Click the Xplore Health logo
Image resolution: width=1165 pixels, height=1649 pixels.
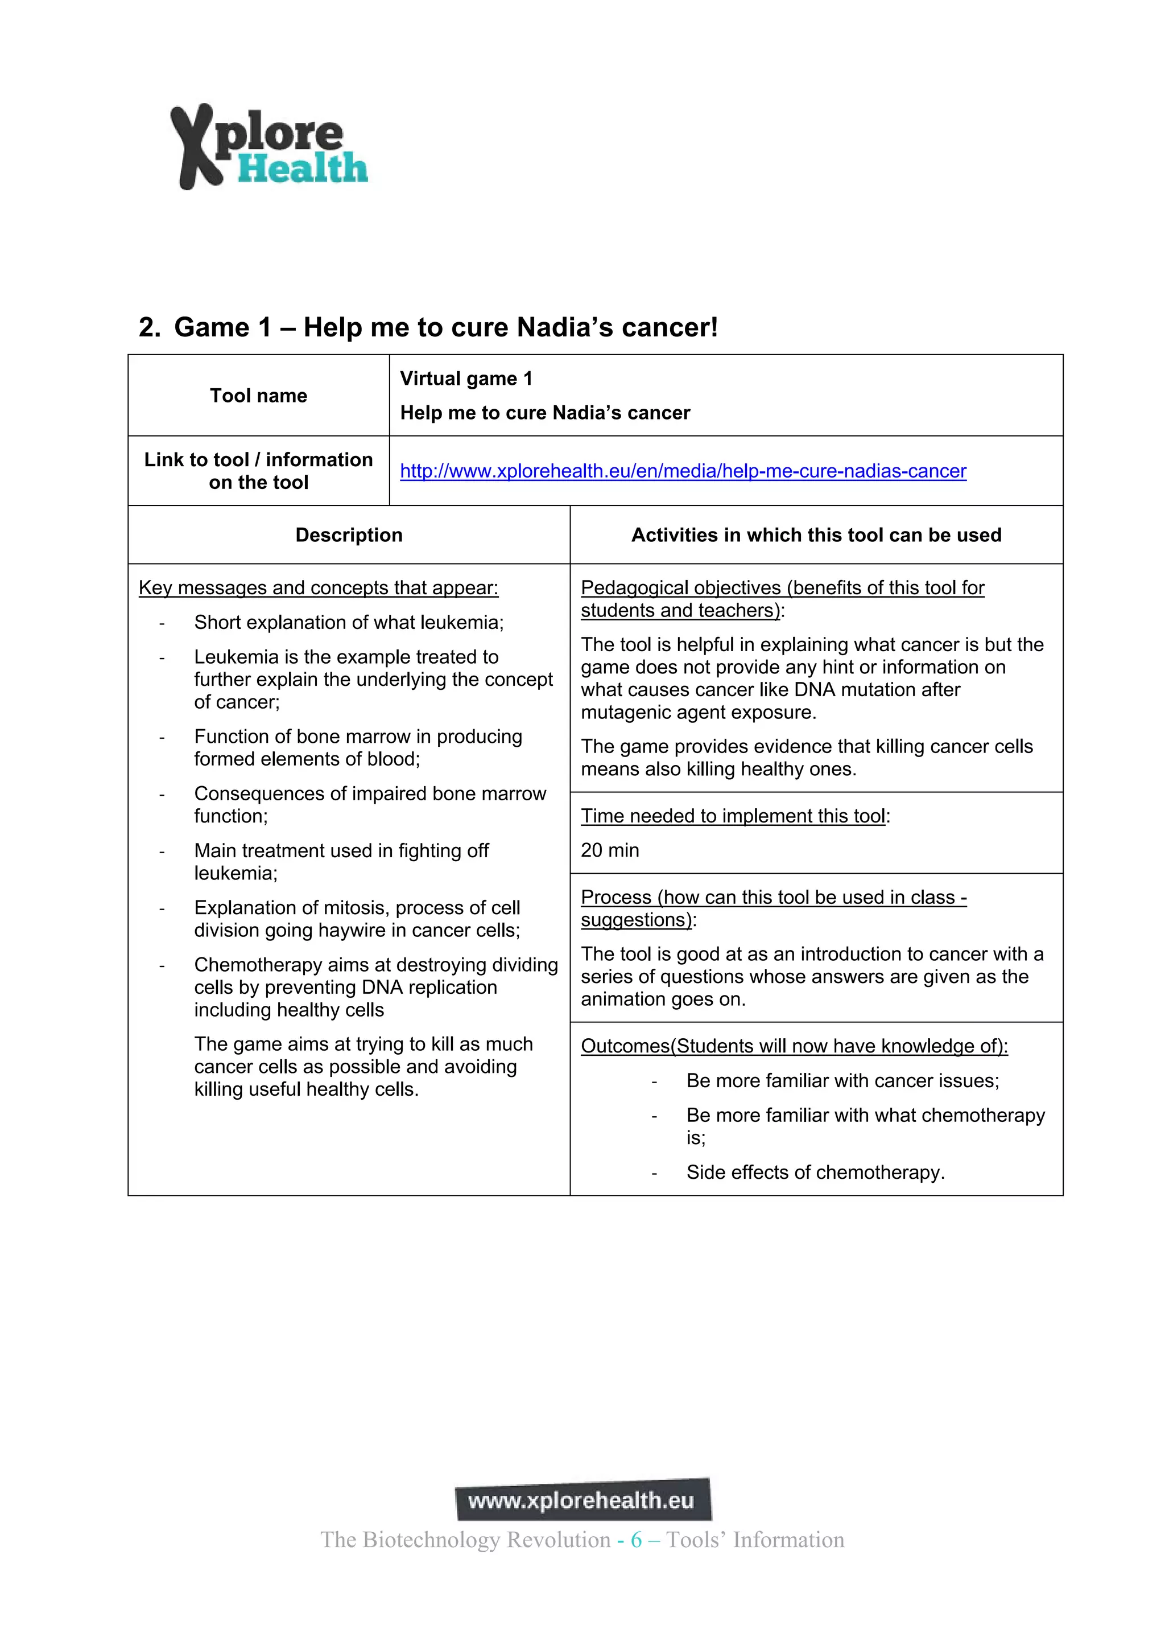(x=268, y=147)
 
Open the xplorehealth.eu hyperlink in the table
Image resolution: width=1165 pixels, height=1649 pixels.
(x=683, y=471)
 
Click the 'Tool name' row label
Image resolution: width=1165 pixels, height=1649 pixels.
(x=258, y=396)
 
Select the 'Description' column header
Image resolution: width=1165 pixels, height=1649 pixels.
(x=349, y=535)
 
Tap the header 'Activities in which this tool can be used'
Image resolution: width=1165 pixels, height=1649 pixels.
(x=816, y=535)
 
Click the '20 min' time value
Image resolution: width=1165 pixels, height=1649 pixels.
(x=609, y=850)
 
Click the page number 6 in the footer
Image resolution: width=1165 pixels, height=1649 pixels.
(x=636, y=1540)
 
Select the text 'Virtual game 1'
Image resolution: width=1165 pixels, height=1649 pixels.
(x=466, y=379)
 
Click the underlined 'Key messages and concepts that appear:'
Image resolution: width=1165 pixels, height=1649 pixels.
(x=318, y=587)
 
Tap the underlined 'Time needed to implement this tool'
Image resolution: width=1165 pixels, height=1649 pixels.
(x=733, y=816)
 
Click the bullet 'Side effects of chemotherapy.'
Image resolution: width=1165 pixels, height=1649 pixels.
(x=815, y=1172)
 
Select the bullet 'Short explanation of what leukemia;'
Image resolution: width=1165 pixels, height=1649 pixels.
(x=349, y=622)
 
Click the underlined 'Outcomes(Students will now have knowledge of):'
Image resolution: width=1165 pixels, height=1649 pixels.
(x=794, y=1046)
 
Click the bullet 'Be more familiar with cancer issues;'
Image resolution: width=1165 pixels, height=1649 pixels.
(x=842, y=1081)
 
